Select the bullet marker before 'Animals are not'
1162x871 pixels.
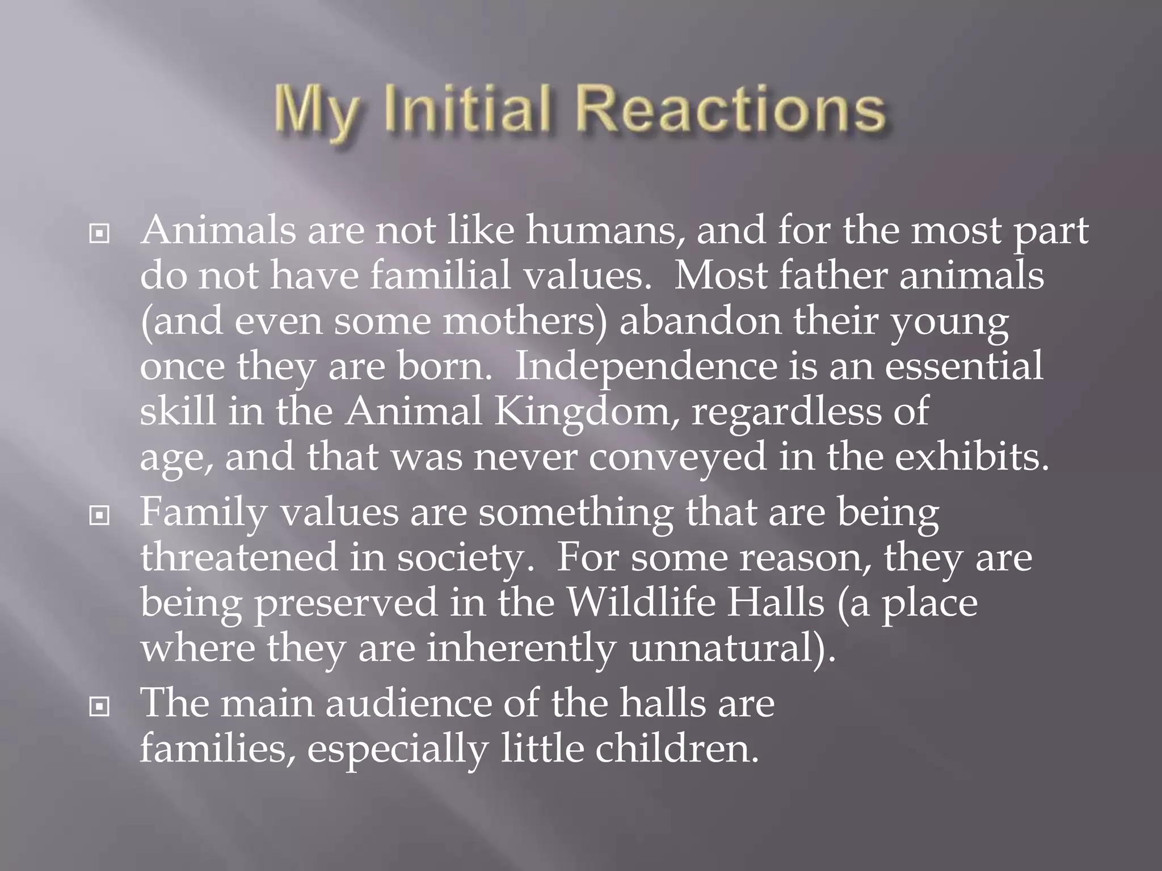point(99,233)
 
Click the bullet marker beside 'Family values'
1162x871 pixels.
point(99,515)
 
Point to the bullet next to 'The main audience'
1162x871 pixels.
point(99,706)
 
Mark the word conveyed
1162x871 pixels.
point(677,458)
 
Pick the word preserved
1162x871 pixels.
point(346,602)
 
